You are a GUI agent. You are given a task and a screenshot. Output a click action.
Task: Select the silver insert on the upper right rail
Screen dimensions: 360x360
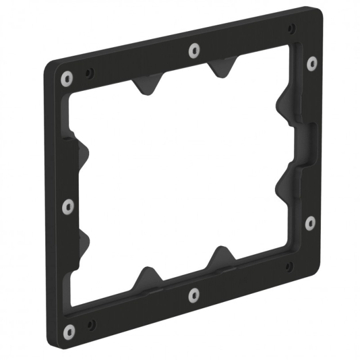click(312, 63)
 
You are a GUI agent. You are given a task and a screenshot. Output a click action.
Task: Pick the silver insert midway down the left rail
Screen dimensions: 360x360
click(68, 205)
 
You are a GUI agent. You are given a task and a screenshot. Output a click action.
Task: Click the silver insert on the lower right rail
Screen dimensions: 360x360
click(310, 222)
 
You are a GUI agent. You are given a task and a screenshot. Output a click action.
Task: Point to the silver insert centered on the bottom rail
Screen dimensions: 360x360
click(194, 296)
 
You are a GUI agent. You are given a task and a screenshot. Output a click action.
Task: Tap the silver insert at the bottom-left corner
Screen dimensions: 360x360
click(69, 331)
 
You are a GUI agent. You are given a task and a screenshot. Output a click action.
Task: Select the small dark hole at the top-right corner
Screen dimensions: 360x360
click(292, 27)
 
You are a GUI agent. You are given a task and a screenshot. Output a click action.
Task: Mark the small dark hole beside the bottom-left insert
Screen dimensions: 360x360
click(90, 325)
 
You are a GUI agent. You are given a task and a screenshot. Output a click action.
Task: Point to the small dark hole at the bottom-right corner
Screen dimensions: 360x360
click(289, 266)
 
